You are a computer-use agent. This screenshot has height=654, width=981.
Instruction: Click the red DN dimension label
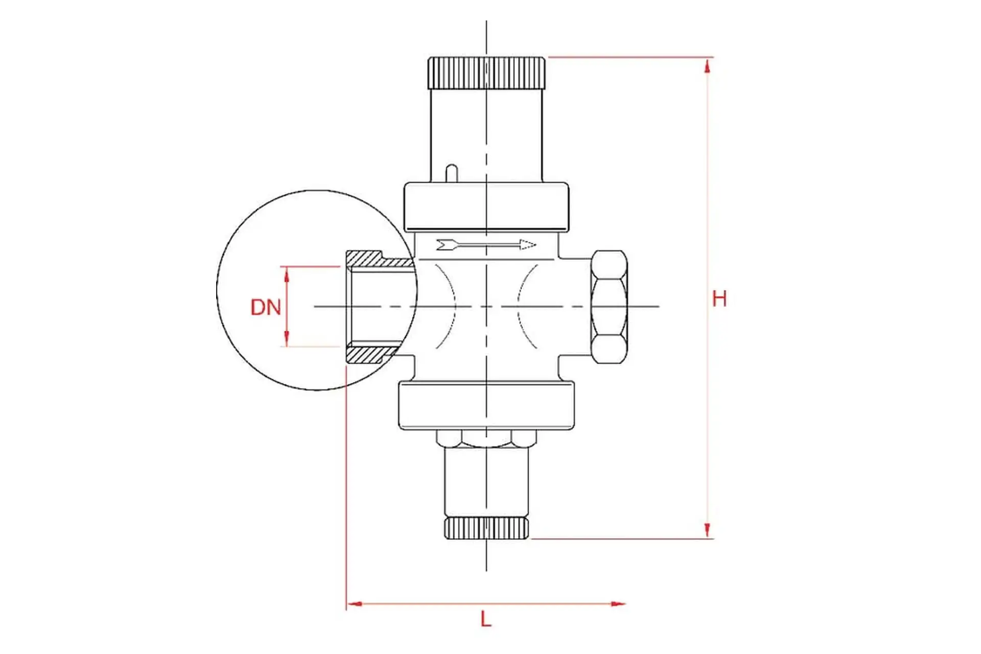266,307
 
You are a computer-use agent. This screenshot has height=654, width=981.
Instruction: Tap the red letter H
719,298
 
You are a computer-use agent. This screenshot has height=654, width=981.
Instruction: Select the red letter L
486,619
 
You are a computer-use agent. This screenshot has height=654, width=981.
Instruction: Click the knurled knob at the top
486,73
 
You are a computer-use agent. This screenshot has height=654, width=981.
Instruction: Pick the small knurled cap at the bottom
486,528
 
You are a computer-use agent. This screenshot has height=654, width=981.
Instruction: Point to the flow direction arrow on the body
486,245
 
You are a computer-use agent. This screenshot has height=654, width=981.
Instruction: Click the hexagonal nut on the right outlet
609,307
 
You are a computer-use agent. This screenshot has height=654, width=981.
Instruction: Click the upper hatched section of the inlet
379,260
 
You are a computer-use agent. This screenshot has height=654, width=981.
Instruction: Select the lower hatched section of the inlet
370,354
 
